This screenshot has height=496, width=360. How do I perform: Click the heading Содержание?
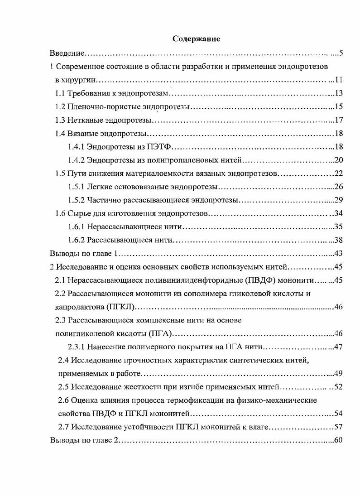(196, 39)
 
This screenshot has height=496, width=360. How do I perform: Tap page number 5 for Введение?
(341, 54)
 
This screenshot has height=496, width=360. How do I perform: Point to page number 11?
(338, 81)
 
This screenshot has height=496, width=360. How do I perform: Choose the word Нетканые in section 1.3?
(83, 120)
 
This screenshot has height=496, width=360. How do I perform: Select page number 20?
(338, 160)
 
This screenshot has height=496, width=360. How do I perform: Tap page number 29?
(338, 200)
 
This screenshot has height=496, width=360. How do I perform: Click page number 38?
(338, 240)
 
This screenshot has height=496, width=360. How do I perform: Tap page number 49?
(338, 374)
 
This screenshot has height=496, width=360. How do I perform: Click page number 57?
(338, 427)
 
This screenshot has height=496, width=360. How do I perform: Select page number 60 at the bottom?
(338, 440)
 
